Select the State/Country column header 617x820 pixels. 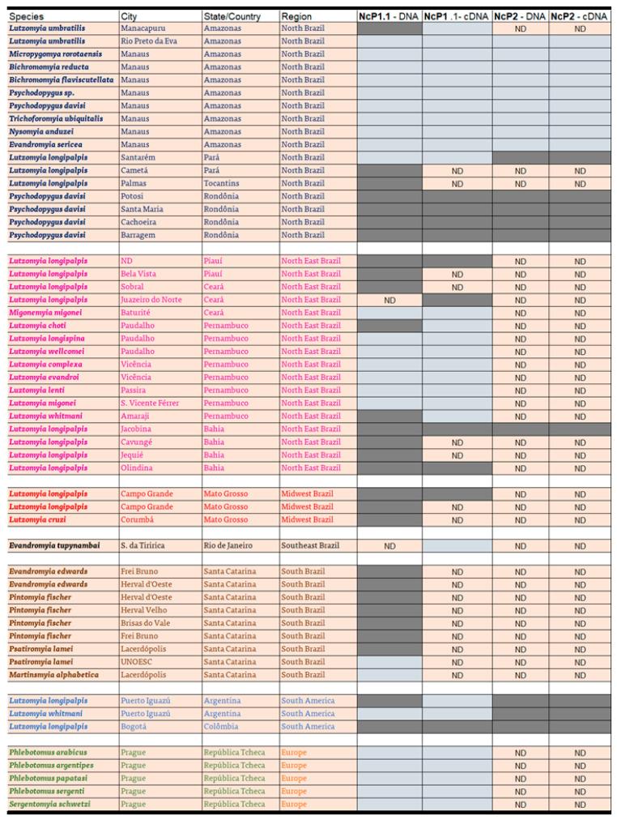232,16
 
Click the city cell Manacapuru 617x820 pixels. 145,28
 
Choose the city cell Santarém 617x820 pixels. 138,157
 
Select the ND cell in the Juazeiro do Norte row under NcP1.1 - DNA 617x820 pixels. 389,300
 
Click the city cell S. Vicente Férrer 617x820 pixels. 150,404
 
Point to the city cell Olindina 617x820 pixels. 138,468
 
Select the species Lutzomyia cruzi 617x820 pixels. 38,520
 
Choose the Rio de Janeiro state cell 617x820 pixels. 229,546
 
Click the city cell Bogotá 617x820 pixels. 135,727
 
